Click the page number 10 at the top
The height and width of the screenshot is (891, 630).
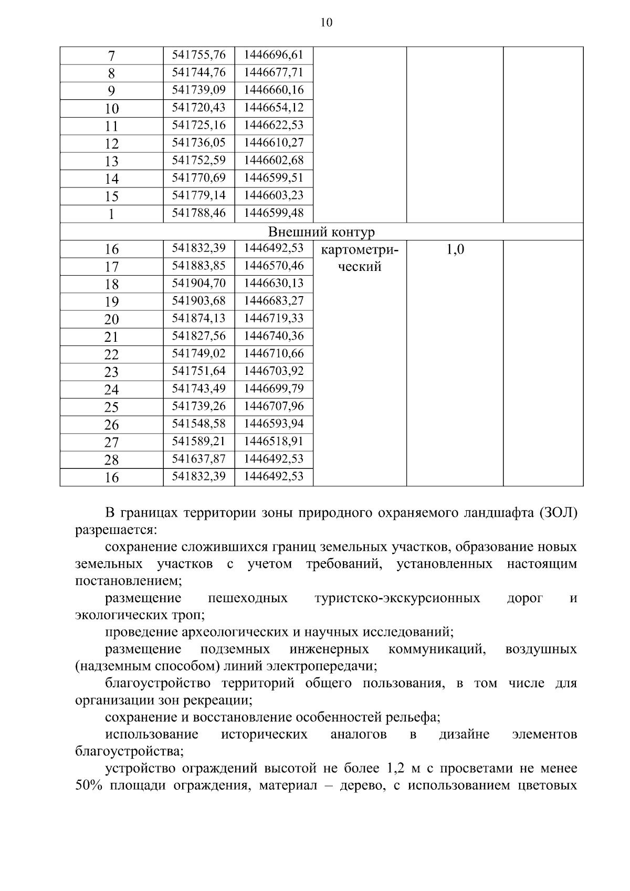[326, 23]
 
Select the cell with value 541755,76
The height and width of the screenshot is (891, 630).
[199, 55]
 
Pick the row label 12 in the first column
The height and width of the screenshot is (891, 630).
[112, 144]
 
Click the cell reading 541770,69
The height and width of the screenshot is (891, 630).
[199, 177]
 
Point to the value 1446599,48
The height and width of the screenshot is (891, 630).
[274, 213]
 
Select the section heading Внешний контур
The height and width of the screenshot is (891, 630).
[321, 232]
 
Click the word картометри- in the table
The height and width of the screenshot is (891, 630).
[360, 250]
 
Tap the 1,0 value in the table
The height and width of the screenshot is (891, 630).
[455, 249]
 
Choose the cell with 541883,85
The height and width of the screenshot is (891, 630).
[199, 266]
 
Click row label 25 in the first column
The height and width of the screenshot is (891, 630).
[112, 407]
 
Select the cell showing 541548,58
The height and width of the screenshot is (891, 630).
[199, 423]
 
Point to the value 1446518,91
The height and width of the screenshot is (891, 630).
[274, 441]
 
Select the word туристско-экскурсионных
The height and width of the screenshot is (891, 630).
[397, 598]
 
